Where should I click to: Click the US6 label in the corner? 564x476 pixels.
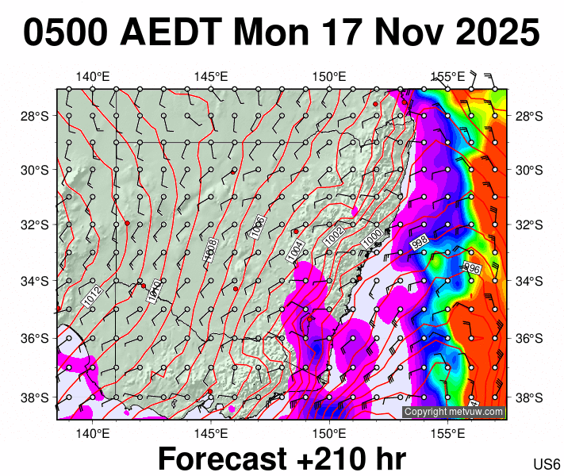pos(547,464)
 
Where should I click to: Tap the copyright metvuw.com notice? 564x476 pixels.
pos(454,412)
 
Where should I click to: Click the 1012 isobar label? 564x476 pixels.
pos(90,297)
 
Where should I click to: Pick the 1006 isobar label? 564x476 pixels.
pos(258,226)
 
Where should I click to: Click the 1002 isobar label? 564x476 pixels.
pos(334,235)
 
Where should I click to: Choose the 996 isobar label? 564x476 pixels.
pos(471,268)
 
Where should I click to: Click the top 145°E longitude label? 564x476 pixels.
pos(211,77)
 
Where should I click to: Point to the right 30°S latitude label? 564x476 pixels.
pos(530,170)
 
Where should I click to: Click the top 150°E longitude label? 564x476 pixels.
pos(329,77)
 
